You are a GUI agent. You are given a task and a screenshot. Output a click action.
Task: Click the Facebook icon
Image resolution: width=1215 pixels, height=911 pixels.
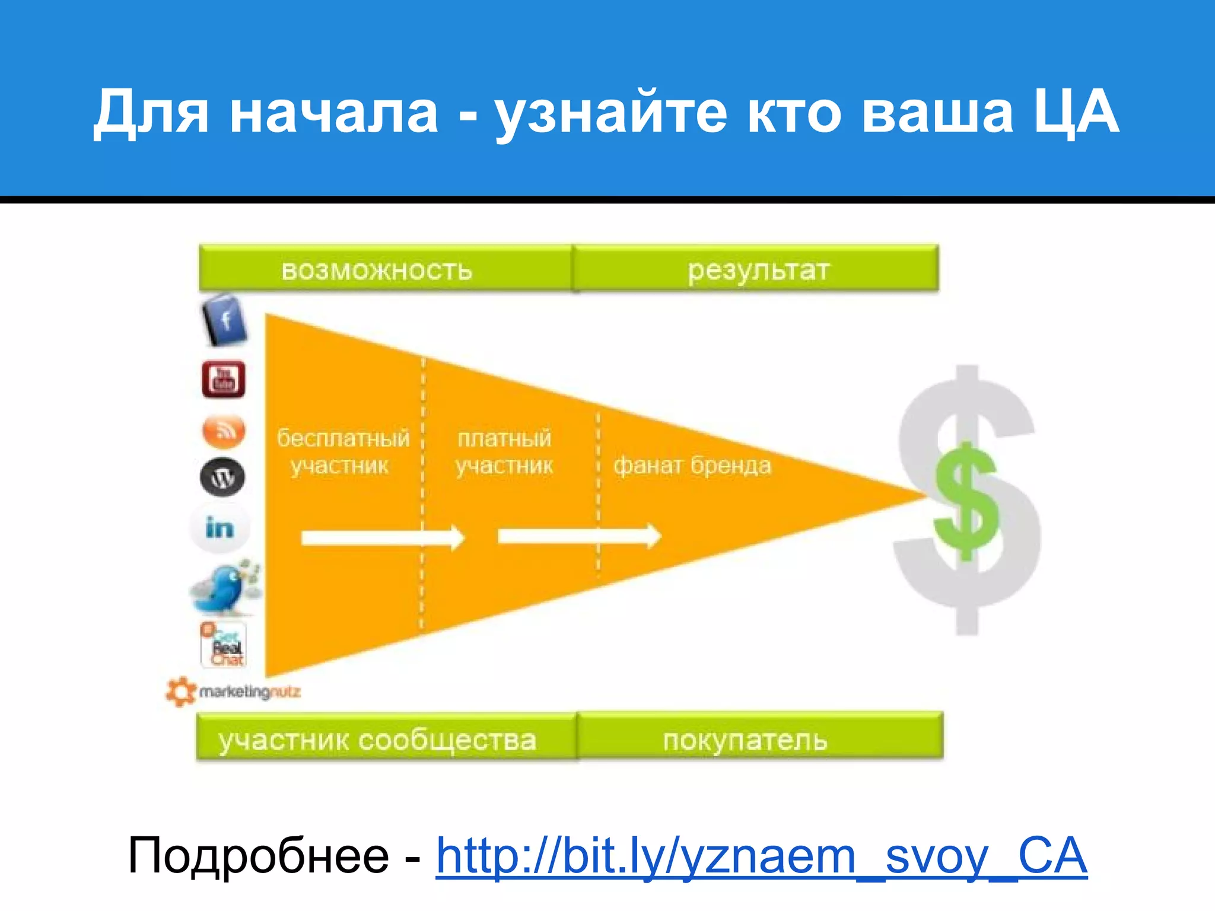[224, 321]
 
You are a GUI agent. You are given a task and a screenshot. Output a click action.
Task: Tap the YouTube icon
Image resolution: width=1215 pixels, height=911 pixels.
[223, 380]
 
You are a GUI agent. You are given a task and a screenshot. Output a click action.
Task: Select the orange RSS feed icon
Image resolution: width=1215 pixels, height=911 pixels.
[223, 431]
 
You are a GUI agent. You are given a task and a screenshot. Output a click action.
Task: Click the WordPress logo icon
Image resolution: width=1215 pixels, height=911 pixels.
[222, 477]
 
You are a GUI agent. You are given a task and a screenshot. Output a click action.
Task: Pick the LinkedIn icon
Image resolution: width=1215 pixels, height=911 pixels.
[220, 527]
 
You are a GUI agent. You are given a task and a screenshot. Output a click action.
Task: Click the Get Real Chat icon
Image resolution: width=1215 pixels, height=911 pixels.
[224, 645]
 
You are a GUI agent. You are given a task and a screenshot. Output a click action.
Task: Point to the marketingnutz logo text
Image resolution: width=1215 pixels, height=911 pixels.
[249, 692]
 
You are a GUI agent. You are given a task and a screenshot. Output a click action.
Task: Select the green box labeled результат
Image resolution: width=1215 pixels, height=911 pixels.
[756, 269]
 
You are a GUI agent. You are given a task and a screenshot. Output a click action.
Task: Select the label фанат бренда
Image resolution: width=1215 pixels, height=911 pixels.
[692, 466]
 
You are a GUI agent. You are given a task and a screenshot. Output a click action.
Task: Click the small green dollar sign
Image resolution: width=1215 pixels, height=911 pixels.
[966, 501]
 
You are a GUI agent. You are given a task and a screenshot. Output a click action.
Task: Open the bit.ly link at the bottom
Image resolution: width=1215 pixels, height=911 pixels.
[761, 856]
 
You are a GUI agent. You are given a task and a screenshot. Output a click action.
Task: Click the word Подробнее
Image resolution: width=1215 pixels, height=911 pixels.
[258, 856]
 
